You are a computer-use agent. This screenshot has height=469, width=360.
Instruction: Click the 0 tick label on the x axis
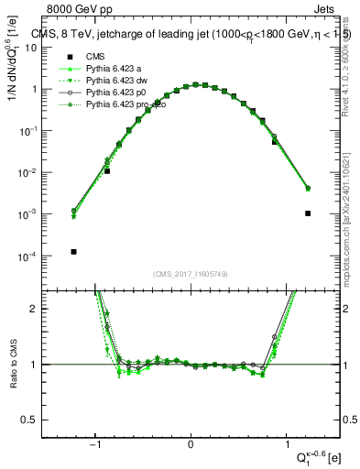point(191,444)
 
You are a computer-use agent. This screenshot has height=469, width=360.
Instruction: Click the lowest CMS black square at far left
point(73,251)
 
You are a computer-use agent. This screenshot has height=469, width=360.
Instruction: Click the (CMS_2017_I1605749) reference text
point(190,274)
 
